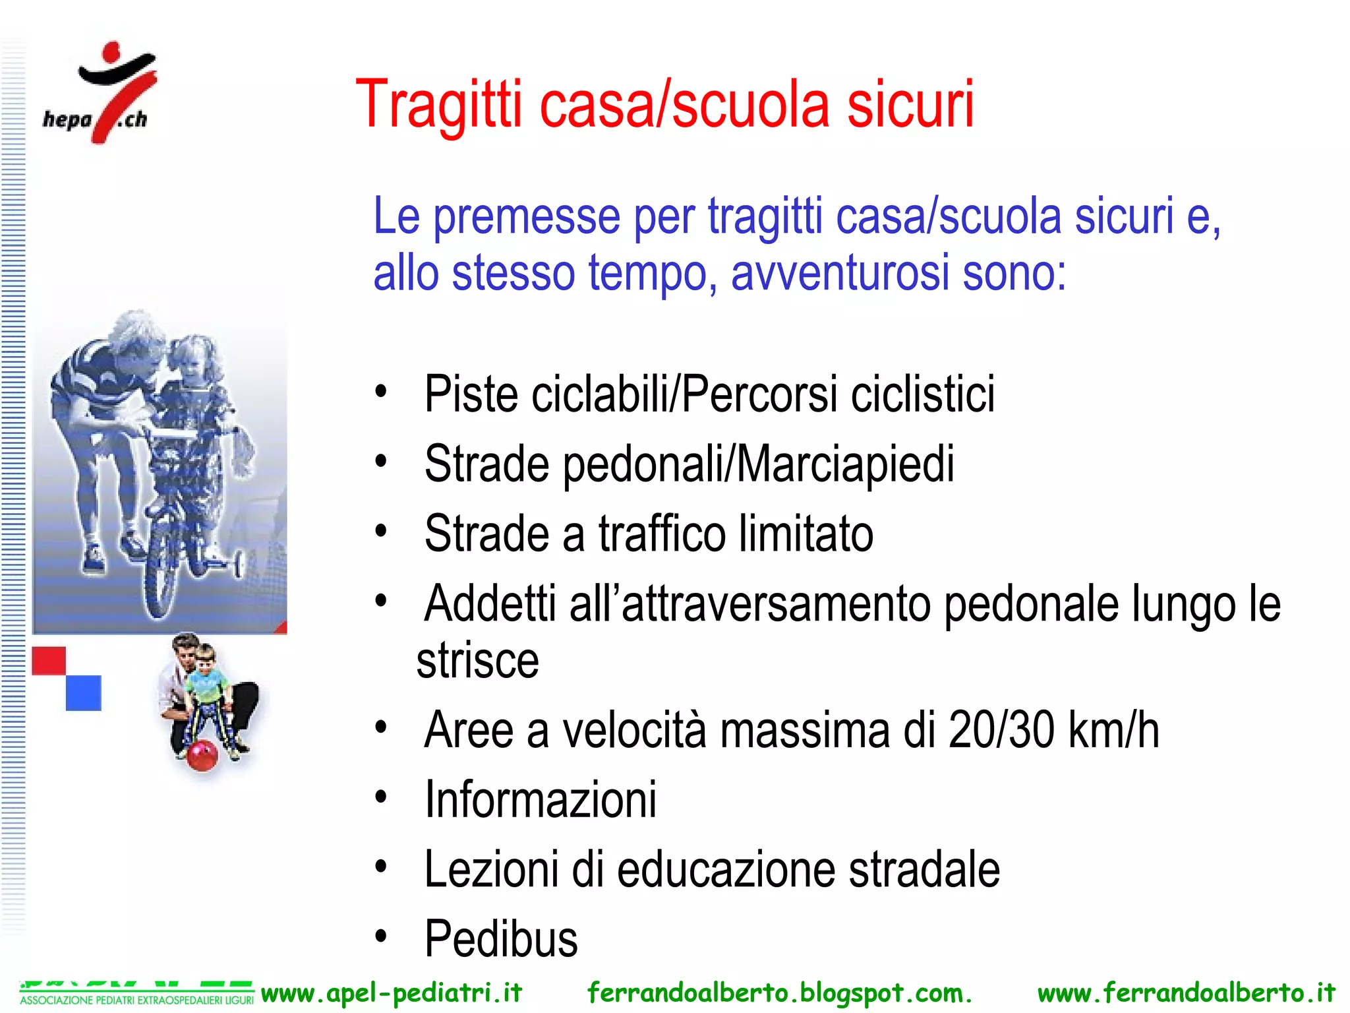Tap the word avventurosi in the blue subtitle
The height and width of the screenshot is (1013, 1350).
tap(840, 272)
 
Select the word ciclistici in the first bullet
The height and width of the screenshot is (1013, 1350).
tap(922, 394)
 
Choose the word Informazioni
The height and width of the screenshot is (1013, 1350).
tap(541, 799)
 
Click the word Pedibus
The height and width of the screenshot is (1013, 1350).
tap(501, 938)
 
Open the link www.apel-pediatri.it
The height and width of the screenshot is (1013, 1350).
tap(392, 993)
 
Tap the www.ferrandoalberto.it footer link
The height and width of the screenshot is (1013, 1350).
tap(1186, 993)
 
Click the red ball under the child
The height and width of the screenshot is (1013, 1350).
tap(202, 754)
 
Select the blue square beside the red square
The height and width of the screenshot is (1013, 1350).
tap(84, 692)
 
